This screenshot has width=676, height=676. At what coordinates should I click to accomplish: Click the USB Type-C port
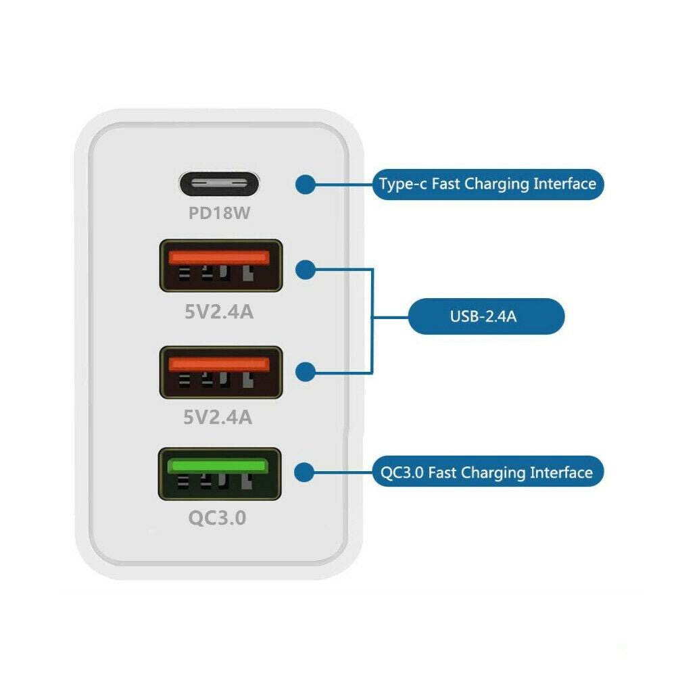click(x=219, y=184)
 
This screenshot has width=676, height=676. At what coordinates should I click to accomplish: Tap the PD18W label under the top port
click(x=219, y=213)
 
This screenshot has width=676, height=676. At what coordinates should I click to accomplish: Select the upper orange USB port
click(x=221, y=266)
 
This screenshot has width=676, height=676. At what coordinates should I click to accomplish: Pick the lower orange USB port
click(x=221, y=372)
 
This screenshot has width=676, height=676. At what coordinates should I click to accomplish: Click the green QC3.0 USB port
click(x=220, y=474)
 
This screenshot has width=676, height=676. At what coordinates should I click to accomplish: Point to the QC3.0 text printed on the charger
click(x=217, y=518)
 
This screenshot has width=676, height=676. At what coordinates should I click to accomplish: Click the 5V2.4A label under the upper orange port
click(x=219, y=312)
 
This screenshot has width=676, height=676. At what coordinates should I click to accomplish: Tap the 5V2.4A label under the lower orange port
click(x=218, y=417)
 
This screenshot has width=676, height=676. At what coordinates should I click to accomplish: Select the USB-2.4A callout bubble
click(x=486, y=316)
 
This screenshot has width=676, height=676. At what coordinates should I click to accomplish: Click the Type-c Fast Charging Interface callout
click(x=487, y=184)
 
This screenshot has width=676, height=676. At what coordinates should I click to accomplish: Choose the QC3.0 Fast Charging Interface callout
click(x=487, y=471)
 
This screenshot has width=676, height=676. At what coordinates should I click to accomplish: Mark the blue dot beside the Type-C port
click(x=306, y=184)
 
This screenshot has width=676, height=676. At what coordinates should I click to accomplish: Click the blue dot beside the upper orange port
click(x=306, y=270)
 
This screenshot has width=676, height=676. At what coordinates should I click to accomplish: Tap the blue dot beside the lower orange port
click(x=306, y=372)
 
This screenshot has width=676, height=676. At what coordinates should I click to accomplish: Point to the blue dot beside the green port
click(x=304, y=473)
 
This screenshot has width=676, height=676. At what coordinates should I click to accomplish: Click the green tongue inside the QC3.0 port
click(x=218, y=466)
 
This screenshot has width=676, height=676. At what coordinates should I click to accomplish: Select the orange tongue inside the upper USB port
click(x=219, y=258)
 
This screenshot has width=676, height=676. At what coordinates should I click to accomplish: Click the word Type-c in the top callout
click(x=403, y=184)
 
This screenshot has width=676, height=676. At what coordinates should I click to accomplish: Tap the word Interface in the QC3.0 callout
click(x=561, y=473)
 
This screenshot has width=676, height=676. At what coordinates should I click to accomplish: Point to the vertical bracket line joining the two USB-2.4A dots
click(x=372, y=320)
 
